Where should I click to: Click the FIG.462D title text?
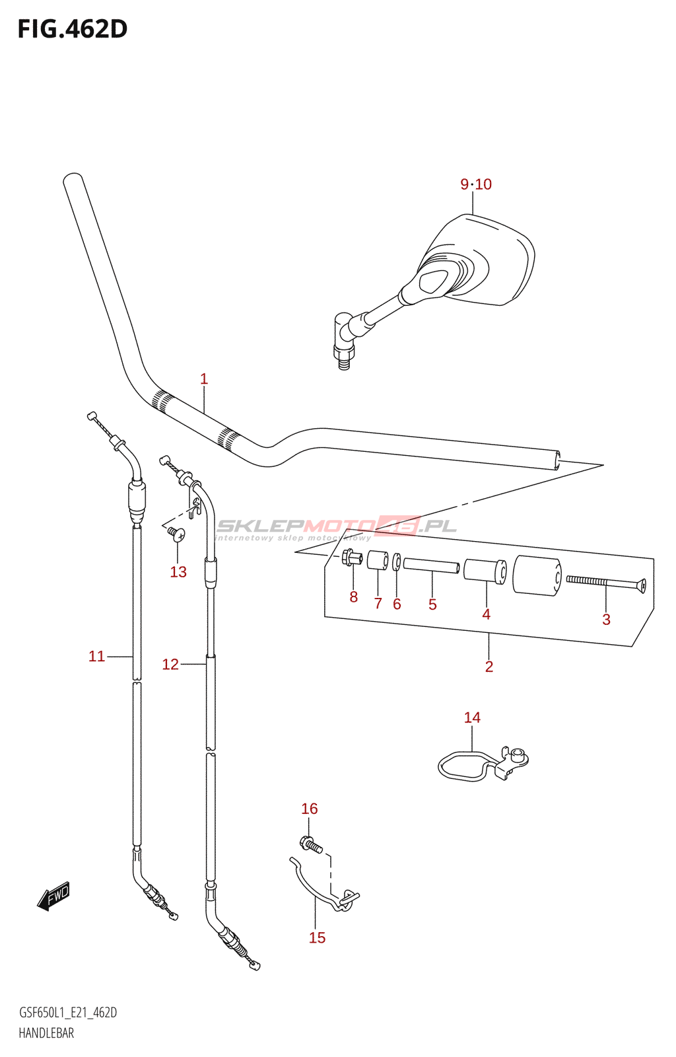pyautogui.click(x=72, y=29)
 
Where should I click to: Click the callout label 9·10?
pyautogui.click(x=476, y=184)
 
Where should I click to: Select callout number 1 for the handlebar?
pyautogui.click(x=204, y=379)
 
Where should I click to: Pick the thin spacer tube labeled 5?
pyautogui.click(x=431, y=566)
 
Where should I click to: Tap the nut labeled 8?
pyautogui.click(x=352, y=558)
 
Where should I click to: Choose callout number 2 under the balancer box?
pyautogui.click(x=489, y=667)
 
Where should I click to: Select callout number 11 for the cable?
pyautogui.click(x=97, y=656)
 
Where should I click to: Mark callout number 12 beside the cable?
pyautogui.click(x=170, y=664)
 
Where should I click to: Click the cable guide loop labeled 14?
pyautogui.click(x=466, y=766)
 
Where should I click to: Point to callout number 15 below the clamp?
pyautogui.click(x=317, y=937)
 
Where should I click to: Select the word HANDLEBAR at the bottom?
pyautogui.click(x=46, y=1033)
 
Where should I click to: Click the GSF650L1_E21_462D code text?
pyautogui.click(x=68, y=1013)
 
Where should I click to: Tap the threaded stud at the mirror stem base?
pyautogui.click(x=343, y=361)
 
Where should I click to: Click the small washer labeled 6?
pyautogui.click(x=397, y=562)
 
